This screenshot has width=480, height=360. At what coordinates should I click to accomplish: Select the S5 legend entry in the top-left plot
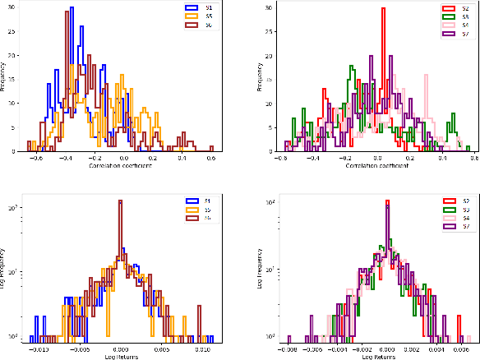(200, 15)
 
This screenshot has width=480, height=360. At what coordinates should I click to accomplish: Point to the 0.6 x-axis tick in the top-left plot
(211, 158)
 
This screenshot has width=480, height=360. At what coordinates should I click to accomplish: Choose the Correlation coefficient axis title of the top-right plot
(376, 165)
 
